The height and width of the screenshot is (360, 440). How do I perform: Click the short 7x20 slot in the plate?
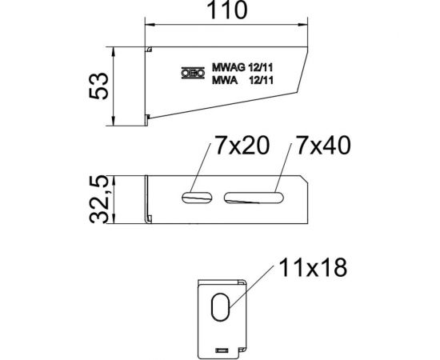point(197,195)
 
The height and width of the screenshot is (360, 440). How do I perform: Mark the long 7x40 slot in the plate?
point(254,195)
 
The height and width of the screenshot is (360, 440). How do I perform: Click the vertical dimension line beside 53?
point(115,86)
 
